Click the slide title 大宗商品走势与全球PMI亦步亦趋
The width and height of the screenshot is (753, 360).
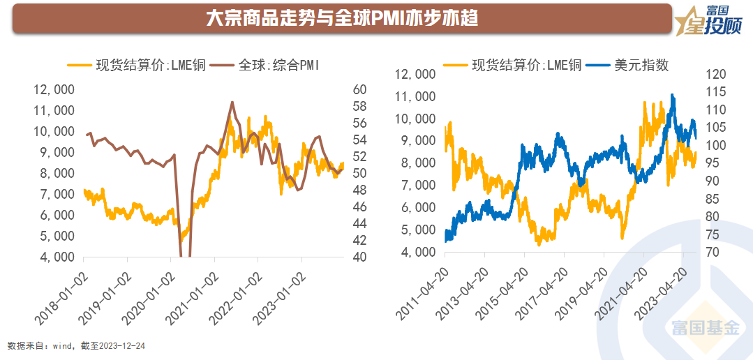tap(342, 19)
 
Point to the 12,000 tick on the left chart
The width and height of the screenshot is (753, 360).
tap(54, 89)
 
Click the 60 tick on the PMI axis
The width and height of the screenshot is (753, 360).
tap(360, 89)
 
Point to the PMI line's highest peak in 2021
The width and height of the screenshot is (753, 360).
tap(232, 102)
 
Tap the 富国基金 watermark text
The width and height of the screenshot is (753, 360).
tap(706, 328)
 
